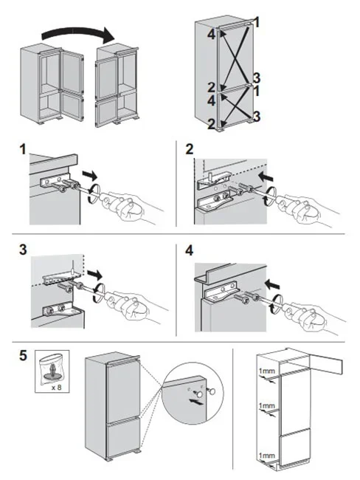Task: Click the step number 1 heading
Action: coord(23,149)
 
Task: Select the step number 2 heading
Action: coord(190,149)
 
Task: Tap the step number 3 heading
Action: coord(23,250)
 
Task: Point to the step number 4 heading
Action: coord(190,251)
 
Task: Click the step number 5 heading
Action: coord(24,356)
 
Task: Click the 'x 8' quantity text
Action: coord(57,387)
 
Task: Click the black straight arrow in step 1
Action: coord(89,176)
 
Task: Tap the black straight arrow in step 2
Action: coord(266,177)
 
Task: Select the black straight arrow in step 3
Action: coord(94,274)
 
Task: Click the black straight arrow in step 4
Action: coord(272,285)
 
